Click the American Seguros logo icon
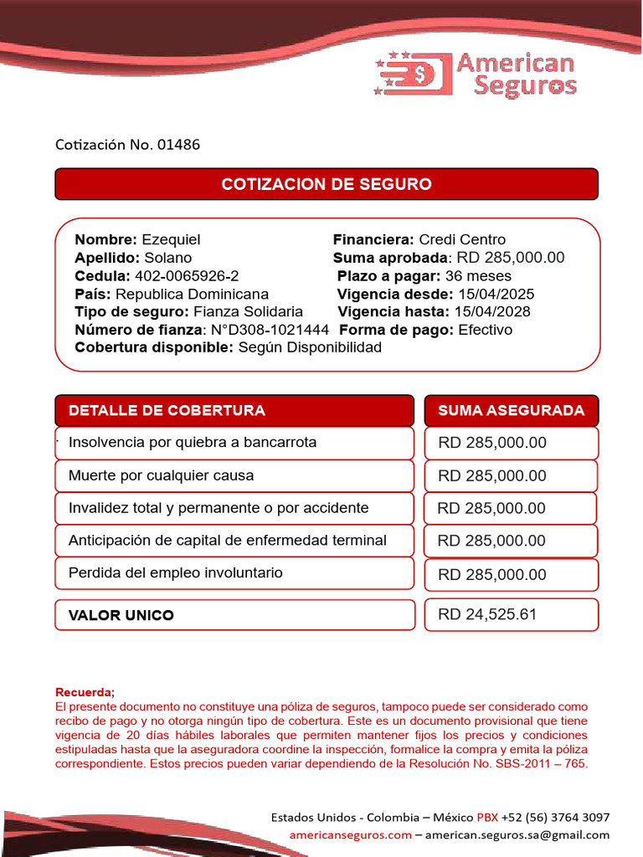pyautogui.click(x=412, y=74)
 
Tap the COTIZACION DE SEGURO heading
pyautogui.click(x=327, y=184)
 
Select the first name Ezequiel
pyautogui.click(x=171, y=239)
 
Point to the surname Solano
pyautogui.click(x=167, y=258)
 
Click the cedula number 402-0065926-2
pyautogui.click(x=187, y=276)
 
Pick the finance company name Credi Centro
pyautogui.click(x=462, y=239)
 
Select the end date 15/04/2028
pyautogui.click(x=492, y=312)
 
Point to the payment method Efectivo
pyautogui.click(x=486, y=330)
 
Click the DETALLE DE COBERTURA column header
pyautogui.click(x=167, y=411)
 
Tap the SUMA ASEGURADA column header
pyautogui.click(x=511, y=411)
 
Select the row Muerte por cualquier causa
pyautogui.click(x=161, y=475)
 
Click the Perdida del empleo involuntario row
pyautogui.click(x=175, y=573)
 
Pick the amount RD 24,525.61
pyautogui.click(x=487, y=615)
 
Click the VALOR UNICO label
pyautogui.click(x=121, y=616)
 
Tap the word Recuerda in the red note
pyautogui.click(x=84, y=693)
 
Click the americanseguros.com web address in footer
pyautogui.click(x=350, y=834)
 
